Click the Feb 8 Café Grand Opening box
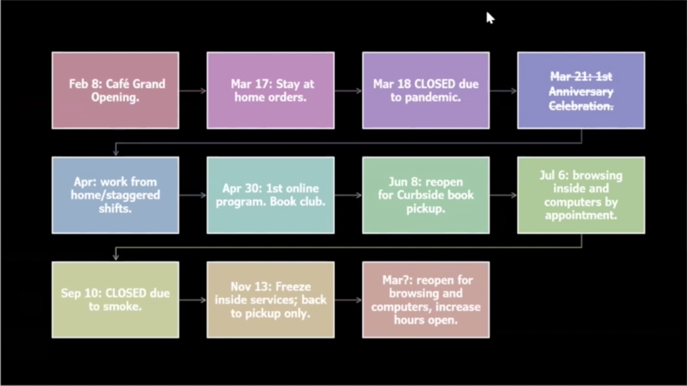(115, 90)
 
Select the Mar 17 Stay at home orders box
(271, 90)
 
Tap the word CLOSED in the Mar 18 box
(434, 84)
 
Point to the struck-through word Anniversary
(581, 92)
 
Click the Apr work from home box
(115, 195)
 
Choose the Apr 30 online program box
(271, 195)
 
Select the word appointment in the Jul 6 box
(581, 215)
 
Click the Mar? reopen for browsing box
(426, 300)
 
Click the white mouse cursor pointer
(490, 18)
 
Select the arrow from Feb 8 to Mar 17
(193, 91)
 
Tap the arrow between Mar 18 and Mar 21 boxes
(503, 91)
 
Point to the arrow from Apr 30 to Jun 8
(348, 195)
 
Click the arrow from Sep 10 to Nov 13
(193, 300)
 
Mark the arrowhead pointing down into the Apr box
(116, 153)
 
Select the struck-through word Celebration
(581, 106)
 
